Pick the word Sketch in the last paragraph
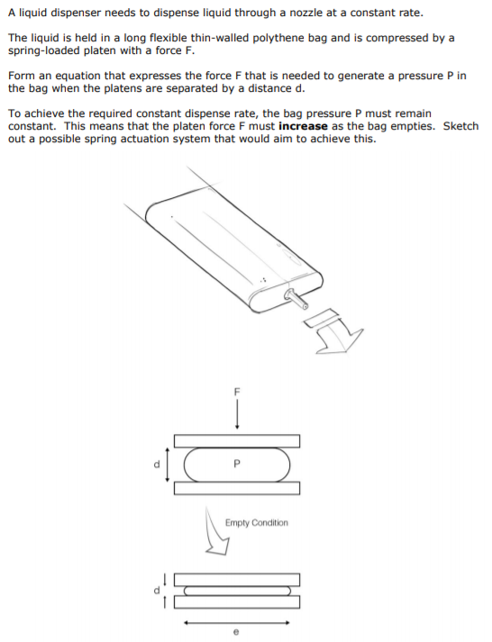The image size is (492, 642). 461,125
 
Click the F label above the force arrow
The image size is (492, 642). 237,393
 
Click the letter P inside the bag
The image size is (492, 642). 237,465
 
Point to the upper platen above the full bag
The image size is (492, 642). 237,441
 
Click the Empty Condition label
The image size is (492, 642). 257,522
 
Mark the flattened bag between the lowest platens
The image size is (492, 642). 237,591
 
